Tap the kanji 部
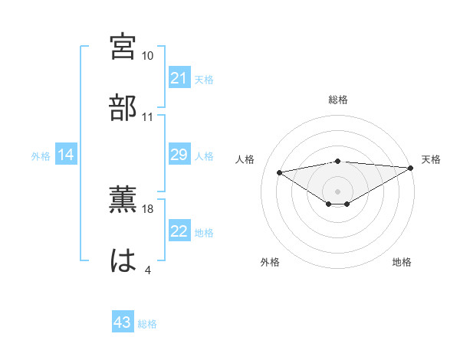coord(123,106)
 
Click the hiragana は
coord(123,260)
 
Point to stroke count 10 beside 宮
coord(147,56)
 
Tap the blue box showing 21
coord(179,78)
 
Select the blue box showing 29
coord(179,155)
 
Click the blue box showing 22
coord(179,232)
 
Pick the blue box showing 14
coord(66,155)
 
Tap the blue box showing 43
coord(123,323)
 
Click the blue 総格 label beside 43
coord(147,324)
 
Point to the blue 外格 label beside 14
coord(41,156)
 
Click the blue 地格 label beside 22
coord(204,233)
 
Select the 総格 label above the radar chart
coord(338,100)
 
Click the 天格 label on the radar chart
coord(431,159)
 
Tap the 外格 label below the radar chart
coord(270,262)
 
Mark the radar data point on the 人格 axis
coord(279,172)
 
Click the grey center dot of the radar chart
coord(338,191)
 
